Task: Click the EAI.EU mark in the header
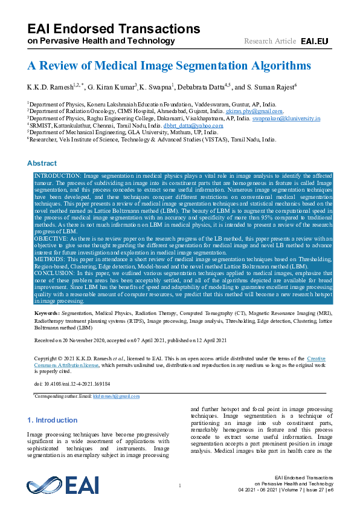tap(314, 41)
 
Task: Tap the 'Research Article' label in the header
tap(269, 41)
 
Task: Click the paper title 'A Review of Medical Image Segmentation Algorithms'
tap(169, 65)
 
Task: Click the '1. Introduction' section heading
tap(53, 420)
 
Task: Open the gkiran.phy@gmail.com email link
tap(254, 111)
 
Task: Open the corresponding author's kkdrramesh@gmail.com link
tap(117, 396)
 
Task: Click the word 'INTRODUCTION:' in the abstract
tap(57, 175)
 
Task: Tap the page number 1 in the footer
tap(180, 486)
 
